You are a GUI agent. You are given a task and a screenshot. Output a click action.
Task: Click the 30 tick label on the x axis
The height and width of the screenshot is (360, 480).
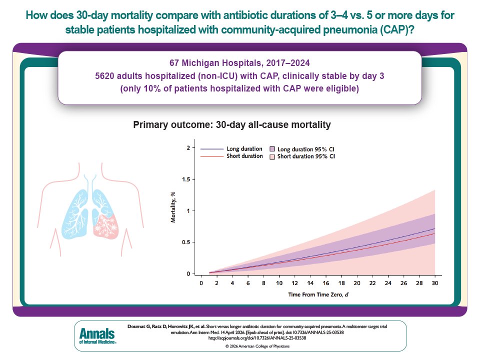pos(434,283)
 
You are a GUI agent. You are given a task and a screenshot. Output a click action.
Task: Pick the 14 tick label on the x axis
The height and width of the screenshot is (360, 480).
pos(310,283)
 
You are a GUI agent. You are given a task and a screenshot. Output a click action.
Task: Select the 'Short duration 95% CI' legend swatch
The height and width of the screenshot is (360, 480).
pos(272,156)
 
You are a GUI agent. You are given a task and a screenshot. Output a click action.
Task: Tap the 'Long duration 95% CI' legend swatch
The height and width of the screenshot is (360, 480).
pos(272,149)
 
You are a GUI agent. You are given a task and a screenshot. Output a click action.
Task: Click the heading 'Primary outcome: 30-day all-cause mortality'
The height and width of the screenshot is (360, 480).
pos(232,125)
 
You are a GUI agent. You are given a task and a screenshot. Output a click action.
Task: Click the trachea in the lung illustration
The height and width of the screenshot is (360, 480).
pos(89,180)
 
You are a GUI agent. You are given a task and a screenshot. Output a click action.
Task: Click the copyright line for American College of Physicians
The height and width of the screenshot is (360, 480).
pos(239,346)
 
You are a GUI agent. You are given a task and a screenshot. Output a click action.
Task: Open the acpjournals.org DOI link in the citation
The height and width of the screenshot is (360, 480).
pos(239,338)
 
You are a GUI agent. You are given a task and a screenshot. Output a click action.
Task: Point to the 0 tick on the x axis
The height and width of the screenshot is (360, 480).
pos(200,283)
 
